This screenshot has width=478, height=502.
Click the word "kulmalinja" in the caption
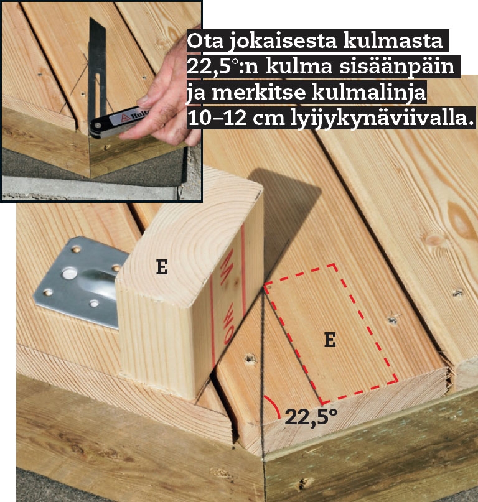pos(368,93)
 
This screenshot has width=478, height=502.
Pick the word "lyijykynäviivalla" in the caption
pos(382,119)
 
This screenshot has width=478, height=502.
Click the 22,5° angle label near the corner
pos(311,417)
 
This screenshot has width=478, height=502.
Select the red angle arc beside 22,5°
pos(275,404)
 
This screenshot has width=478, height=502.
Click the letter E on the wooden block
pos(162,267)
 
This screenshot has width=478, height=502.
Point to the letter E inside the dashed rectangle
pos(330,340)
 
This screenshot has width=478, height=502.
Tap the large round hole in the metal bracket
pos(69,274)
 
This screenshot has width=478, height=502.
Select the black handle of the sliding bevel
pos(118,123)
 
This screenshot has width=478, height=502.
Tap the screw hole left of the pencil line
pos(250,358)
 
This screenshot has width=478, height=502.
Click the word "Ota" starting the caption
pos(205,40)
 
